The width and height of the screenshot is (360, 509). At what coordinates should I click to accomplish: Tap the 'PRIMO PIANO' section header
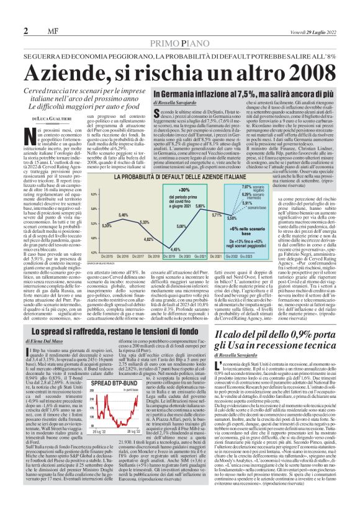point(180,42)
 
